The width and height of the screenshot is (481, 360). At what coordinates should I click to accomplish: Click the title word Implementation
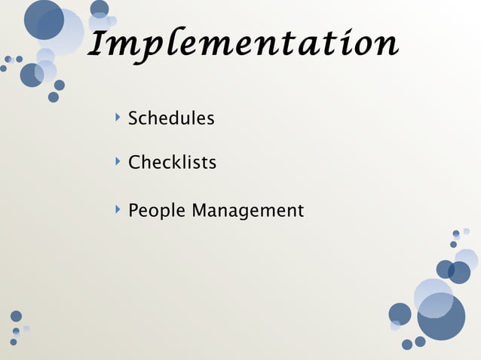tap(243, 45)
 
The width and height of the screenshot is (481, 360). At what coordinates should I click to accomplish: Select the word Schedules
tap(171, 118)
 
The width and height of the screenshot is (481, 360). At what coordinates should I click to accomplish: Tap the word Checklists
tap(172, 162)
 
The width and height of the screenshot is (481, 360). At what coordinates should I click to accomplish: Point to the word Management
tap(247, 211)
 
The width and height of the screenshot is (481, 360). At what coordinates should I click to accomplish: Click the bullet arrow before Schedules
tap(118, 117)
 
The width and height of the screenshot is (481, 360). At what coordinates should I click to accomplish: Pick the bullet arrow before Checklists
tap(118, 161)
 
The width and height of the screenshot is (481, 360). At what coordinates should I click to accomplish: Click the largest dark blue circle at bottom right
tap(441, 316)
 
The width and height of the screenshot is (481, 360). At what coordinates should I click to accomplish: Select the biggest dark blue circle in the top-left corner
tap(44, 20)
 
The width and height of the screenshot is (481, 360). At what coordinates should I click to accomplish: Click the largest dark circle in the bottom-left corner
tap(16, 316)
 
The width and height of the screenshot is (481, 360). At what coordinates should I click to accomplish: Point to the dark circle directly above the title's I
tap(100, 8)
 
